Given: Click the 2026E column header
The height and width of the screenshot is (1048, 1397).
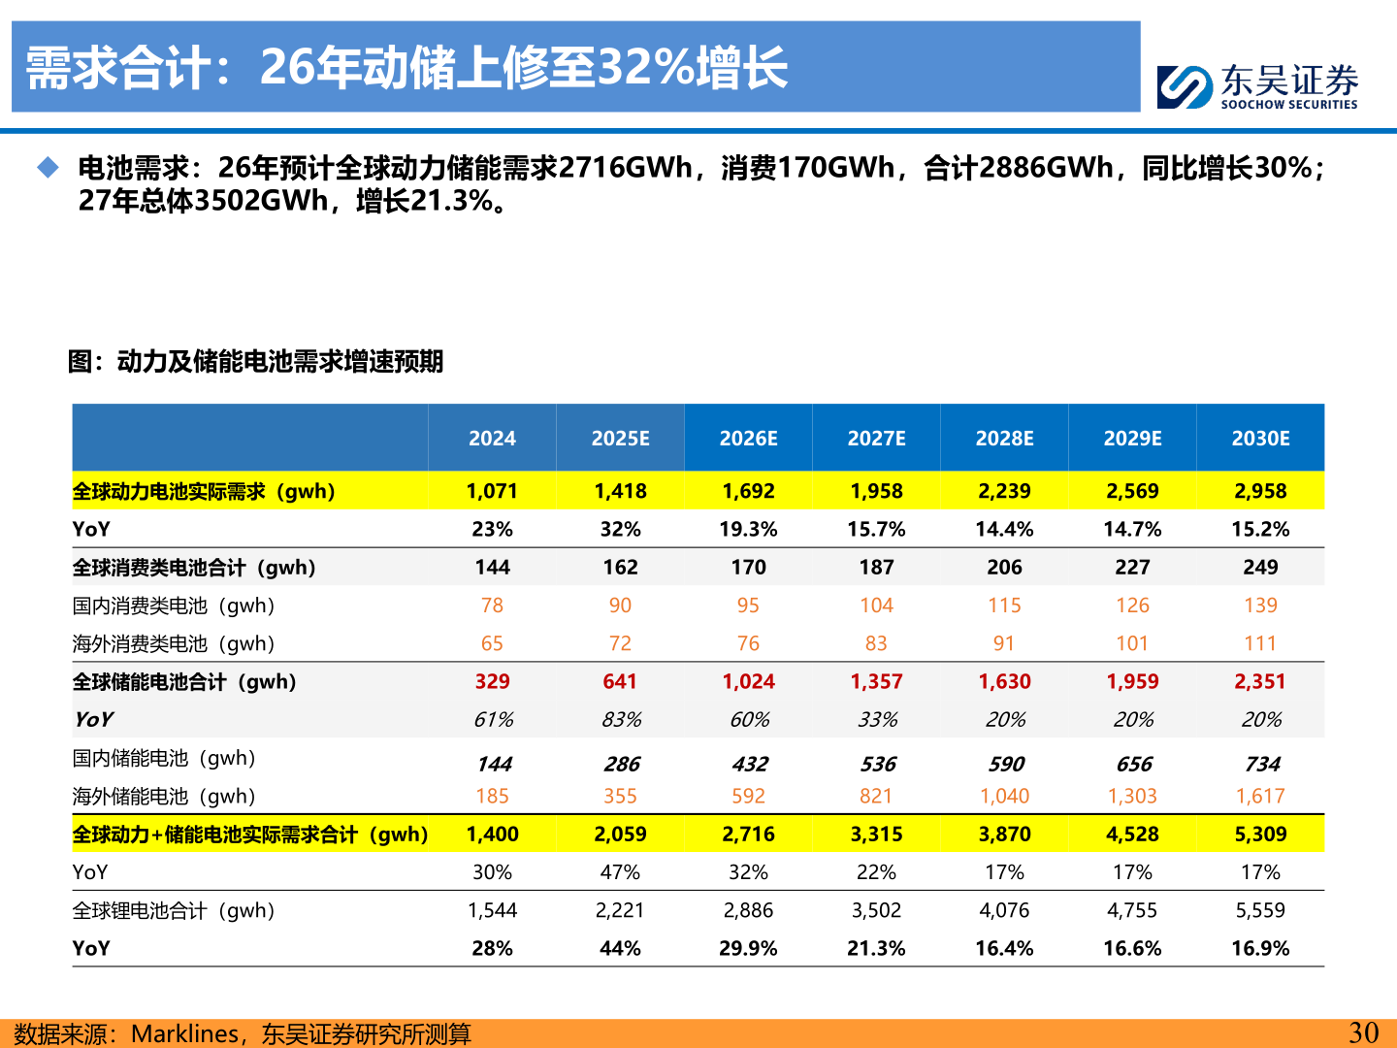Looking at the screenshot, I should click(x=748, y=439).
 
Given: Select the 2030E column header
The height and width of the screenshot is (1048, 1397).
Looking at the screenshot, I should click(x=1260, y=439).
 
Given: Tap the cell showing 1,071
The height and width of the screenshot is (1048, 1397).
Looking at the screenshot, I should click(x=492, y=491).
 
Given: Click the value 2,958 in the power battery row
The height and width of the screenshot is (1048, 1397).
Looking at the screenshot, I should click(x=1260, y=491).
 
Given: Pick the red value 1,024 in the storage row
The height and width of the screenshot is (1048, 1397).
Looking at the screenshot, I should click(x=748, y=681).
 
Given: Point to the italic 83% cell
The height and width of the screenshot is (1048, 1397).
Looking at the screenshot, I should click(x=621, y=720).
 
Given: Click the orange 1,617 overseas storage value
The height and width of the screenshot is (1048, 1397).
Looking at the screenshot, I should click(x=1260, y=796).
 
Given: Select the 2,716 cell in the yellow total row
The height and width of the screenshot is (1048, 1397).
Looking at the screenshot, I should click(x=748, y=834).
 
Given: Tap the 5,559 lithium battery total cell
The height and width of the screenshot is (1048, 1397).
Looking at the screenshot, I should click(x=1260, y=910).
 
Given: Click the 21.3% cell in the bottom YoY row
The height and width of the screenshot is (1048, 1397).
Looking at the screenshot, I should click(x=876, y=948).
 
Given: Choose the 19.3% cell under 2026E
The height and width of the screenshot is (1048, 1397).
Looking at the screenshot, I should click(x=748, y=529).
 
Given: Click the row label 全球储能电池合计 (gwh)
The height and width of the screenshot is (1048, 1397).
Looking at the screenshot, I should click(x=184, y=681).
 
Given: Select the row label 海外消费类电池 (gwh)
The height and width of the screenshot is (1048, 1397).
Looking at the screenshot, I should click(x=174, y=643).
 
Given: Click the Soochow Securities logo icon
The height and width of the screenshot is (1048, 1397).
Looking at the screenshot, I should click(x=1185, y=86).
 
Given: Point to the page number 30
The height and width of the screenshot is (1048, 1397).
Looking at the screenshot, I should click(x=1363, y=1032).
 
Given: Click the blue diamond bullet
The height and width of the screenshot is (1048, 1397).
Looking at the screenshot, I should click(x=49, y=168).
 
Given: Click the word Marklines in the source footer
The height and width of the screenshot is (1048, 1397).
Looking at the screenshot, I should click(x=184, y=1033).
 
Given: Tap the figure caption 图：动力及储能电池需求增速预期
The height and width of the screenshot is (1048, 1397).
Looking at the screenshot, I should click(x=255, y=362).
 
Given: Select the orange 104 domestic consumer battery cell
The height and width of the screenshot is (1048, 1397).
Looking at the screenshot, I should click(x=876, y=606).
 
